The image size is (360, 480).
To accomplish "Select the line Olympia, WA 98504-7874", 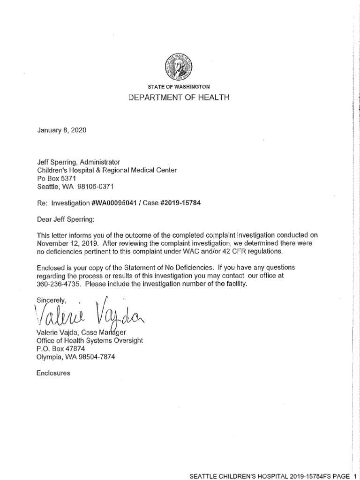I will (75, 356).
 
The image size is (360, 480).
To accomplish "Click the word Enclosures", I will (53, 373).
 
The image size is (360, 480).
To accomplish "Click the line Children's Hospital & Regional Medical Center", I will (107, 170).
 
